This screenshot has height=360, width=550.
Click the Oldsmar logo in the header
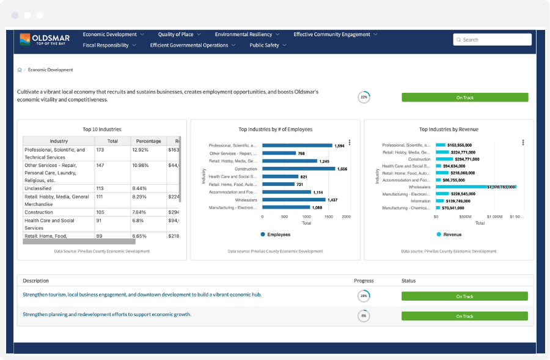click(45, 40)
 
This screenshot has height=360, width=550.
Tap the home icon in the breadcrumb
click(20, 70)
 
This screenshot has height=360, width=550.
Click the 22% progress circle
click(364, 97)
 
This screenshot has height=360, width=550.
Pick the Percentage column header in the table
click(148, 141)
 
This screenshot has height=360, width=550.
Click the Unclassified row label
click(38, 188)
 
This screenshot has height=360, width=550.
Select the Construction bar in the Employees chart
click(298, 169)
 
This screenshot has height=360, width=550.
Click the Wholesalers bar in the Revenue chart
click(475, 187)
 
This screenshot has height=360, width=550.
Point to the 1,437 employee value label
click(332, 200)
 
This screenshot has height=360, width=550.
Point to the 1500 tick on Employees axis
click(329, 216)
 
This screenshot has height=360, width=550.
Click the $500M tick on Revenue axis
click(465, 216)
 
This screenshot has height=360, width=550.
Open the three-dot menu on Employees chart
click(350, 142)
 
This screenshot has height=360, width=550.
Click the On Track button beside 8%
click(464, 316)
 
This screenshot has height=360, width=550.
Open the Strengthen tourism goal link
click(142, 295)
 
